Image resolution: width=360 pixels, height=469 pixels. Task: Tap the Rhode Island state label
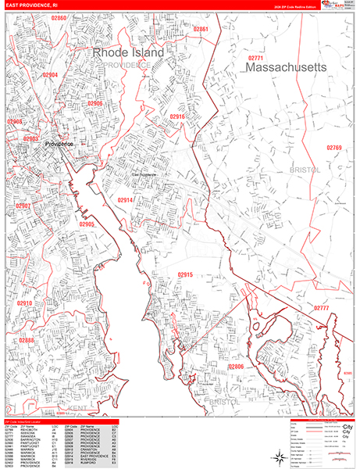pyautogui.click(x=129, y=52)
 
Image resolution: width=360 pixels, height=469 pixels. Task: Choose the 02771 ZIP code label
pyautogui.click(x=256, y=59)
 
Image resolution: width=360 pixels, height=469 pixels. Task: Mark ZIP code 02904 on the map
pyautogui.click(x=50, y=75)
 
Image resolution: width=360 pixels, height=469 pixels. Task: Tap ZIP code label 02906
pyautogui.click(x=94, y=103)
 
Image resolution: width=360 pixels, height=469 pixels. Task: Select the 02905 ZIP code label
pyautogui.click(x=87, y=224)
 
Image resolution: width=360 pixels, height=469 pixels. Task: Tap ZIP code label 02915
pyautogui.click(x=185, y=274)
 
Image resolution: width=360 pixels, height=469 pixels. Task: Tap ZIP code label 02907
pyautogui.click(x=23, y=206)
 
